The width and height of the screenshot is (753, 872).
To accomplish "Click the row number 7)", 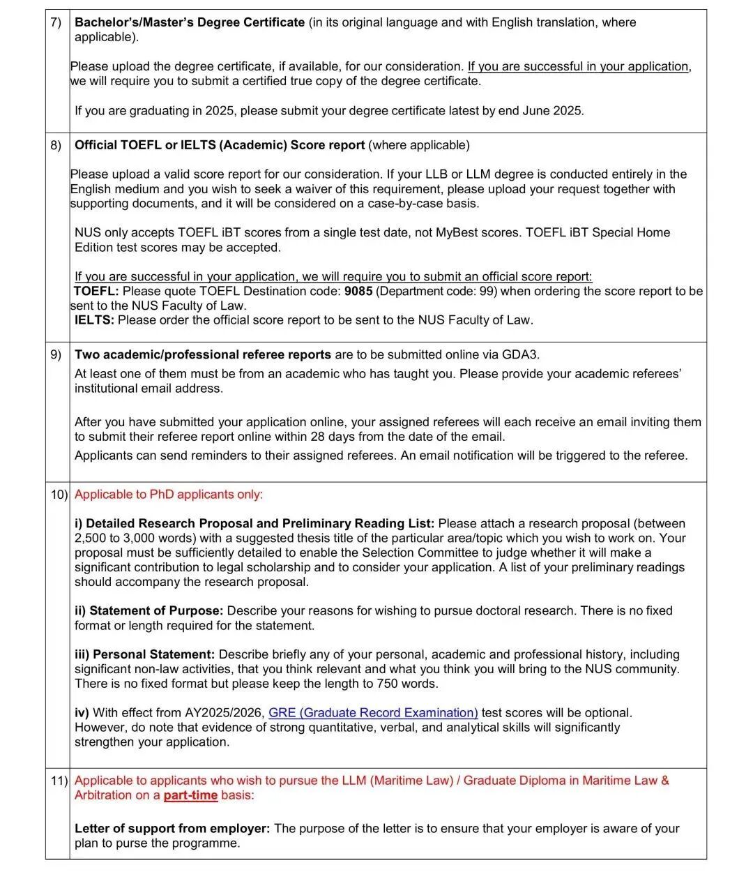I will (x=56, y=22).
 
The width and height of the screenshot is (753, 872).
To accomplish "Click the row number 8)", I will (x=56, y=145).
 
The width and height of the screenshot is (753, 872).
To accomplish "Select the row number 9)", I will (x=56, y=354).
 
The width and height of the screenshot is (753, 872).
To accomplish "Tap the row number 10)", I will (x=59, y=495).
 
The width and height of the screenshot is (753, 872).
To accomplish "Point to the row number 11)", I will (x=59, y=781).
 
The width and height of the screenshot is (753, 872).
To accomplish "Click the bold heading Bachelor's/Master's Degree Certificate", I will (x=190, y=22).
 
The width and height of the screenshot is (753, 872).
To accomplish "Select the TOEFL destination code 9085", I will (x=358, y=291).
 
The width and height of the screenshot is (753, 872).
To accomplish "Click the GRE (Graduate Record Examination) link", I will (x=373, y=713).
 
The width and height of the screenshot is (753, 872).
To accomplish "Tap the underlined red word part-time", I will (x=190, y=795).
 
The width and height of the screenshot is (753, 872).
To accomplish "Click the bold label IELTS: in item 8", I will (x=95, y=320).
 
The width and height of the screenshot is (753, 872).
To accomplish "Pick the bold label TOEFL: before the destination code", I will (x=96, y=291).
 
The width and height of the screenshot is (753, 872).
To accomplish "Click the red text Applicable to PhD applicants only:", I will (x=169, y=495).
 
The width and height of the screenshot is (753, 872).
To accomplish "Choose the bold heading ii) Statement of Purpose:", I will (x=149, y=611).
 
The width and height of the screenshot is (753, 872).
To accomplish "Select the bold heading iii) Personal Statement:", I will (x=144, y=654).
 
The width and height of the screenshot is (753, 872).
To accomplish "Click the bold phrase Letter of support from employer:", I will (x=172, y=829).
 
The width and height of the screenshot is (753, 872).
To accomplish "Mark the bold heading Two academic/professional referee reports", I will (x=203, y=354).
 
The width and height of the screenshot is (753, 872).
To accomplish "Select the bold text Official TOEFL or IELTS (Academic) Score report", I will (x=220, y=145).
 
